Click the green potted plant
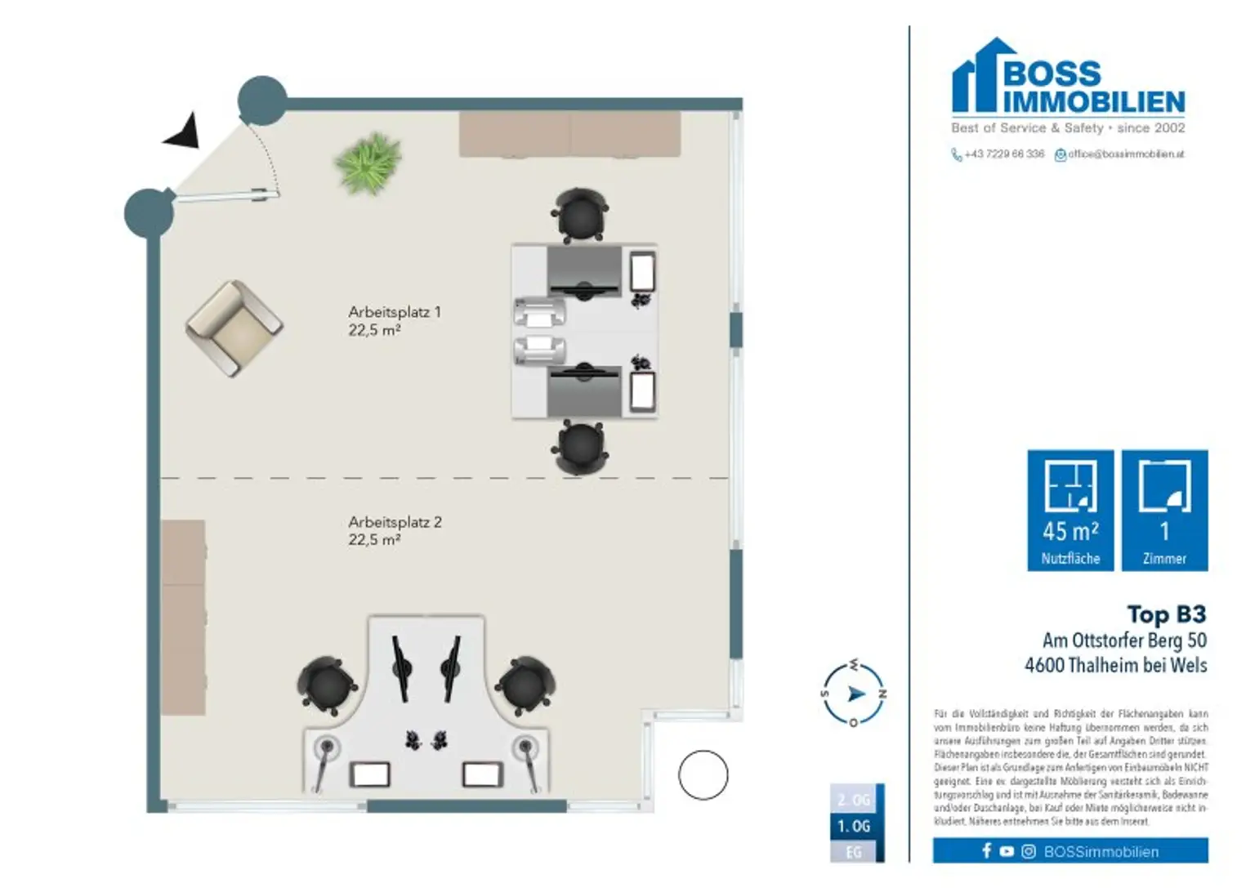click(x=368, y=163)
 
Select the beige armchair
click(x=234, y=328)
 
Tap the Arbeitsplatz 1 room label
click(x=394, y=320)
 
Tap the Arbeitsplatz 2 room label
click(x=394, y=530)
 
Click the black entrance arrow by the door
click(x=183, y=132)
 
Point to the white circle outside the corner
click(x=703, y=774)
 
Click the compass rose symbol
click(x=854, y=694)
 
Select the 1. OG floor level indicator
click(x=853, y=826)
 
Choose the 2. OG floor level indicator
click(x=853, y=800)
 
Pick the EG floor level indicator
click(x=853, y=852)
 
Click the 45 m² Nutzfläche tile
click(x=1070, y=510)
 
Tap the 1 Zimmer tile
click(x=1164, y=510)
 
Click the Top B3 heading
click(x=1166, y=614)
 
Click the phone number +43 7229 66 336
click(x=1003, y=154)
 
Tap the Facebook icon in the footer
click(x=986, y=851)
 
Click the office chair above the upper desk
click(x=580, y=215)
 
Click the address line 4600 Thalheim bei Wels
click(x=1115, y=665)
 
